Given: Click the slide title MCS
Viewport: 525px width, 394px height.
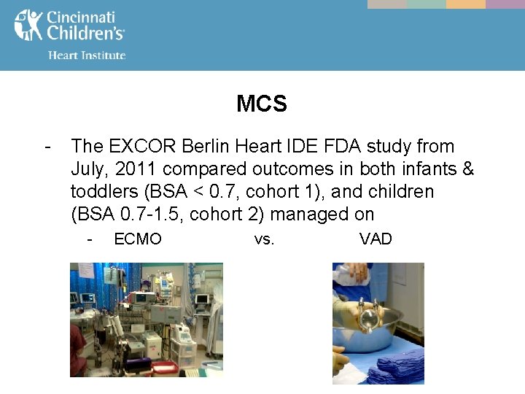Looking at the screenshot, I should pos(262,104).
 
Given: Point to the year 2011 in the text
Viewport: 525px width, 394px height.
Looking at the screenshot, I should pos(139,169).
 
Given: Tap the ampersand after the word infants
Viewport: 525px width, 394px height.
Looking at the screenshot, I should pos(467,169).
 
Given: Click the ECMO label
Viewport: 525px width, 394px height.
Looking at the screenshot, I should pos(138,239).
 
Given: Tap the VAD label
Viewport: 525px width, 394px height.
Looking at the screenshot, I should pos(376,239).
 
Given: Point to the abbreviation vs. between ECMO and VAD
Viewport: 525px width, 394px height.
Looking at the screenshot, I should pos(264,239).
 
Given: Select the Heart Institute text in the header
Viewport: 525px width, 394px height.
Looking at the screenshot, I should pos(86,55).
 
